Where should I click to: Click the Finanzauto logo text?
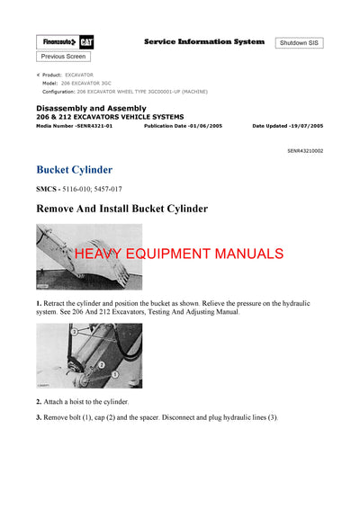coord(57,42)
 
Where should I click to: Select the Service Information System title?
coord(204,41)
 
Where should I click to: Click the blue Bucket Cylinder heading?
coord(74,169)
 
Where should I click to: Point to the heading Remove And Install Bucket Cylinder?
coord(121,209)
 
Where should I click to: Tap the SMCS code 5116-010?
coord(79,189)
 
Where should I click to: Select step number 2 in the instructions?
coord(39,401)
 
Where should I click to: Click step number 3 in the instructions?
coord(39,417)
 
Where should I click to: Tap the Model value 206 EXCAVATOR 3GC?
coord(90,83)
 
